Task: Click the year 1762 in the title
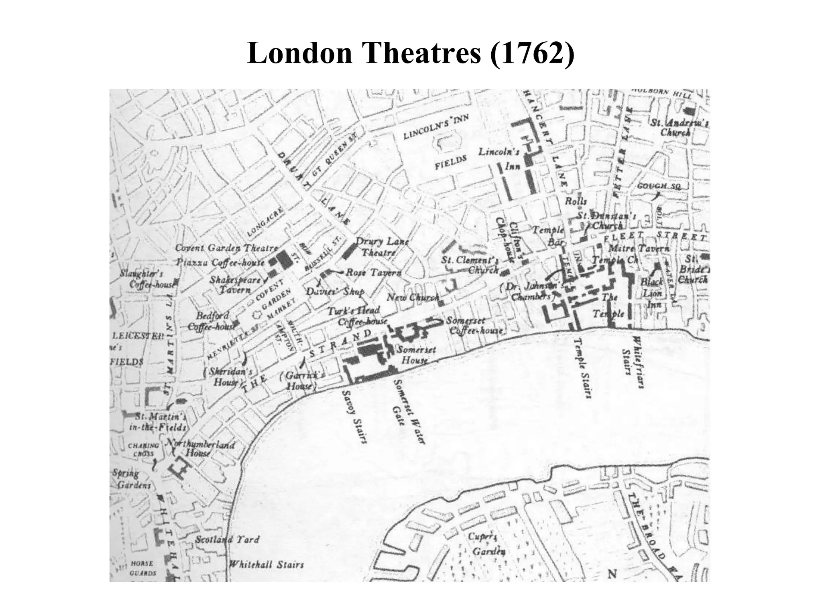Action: (532, 54)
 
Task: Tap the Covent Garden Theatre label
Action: (226, 248)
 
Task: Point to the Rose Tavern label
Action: (373, 273)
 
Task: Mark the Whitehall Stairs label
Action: (266, 565)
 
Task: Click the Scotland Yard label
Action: (227, 540)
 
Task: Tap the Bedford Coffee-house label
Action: (212, 321)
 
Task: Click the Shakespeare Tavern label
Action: (235, 284)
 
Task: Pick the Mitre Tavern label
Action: (639, 249)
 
